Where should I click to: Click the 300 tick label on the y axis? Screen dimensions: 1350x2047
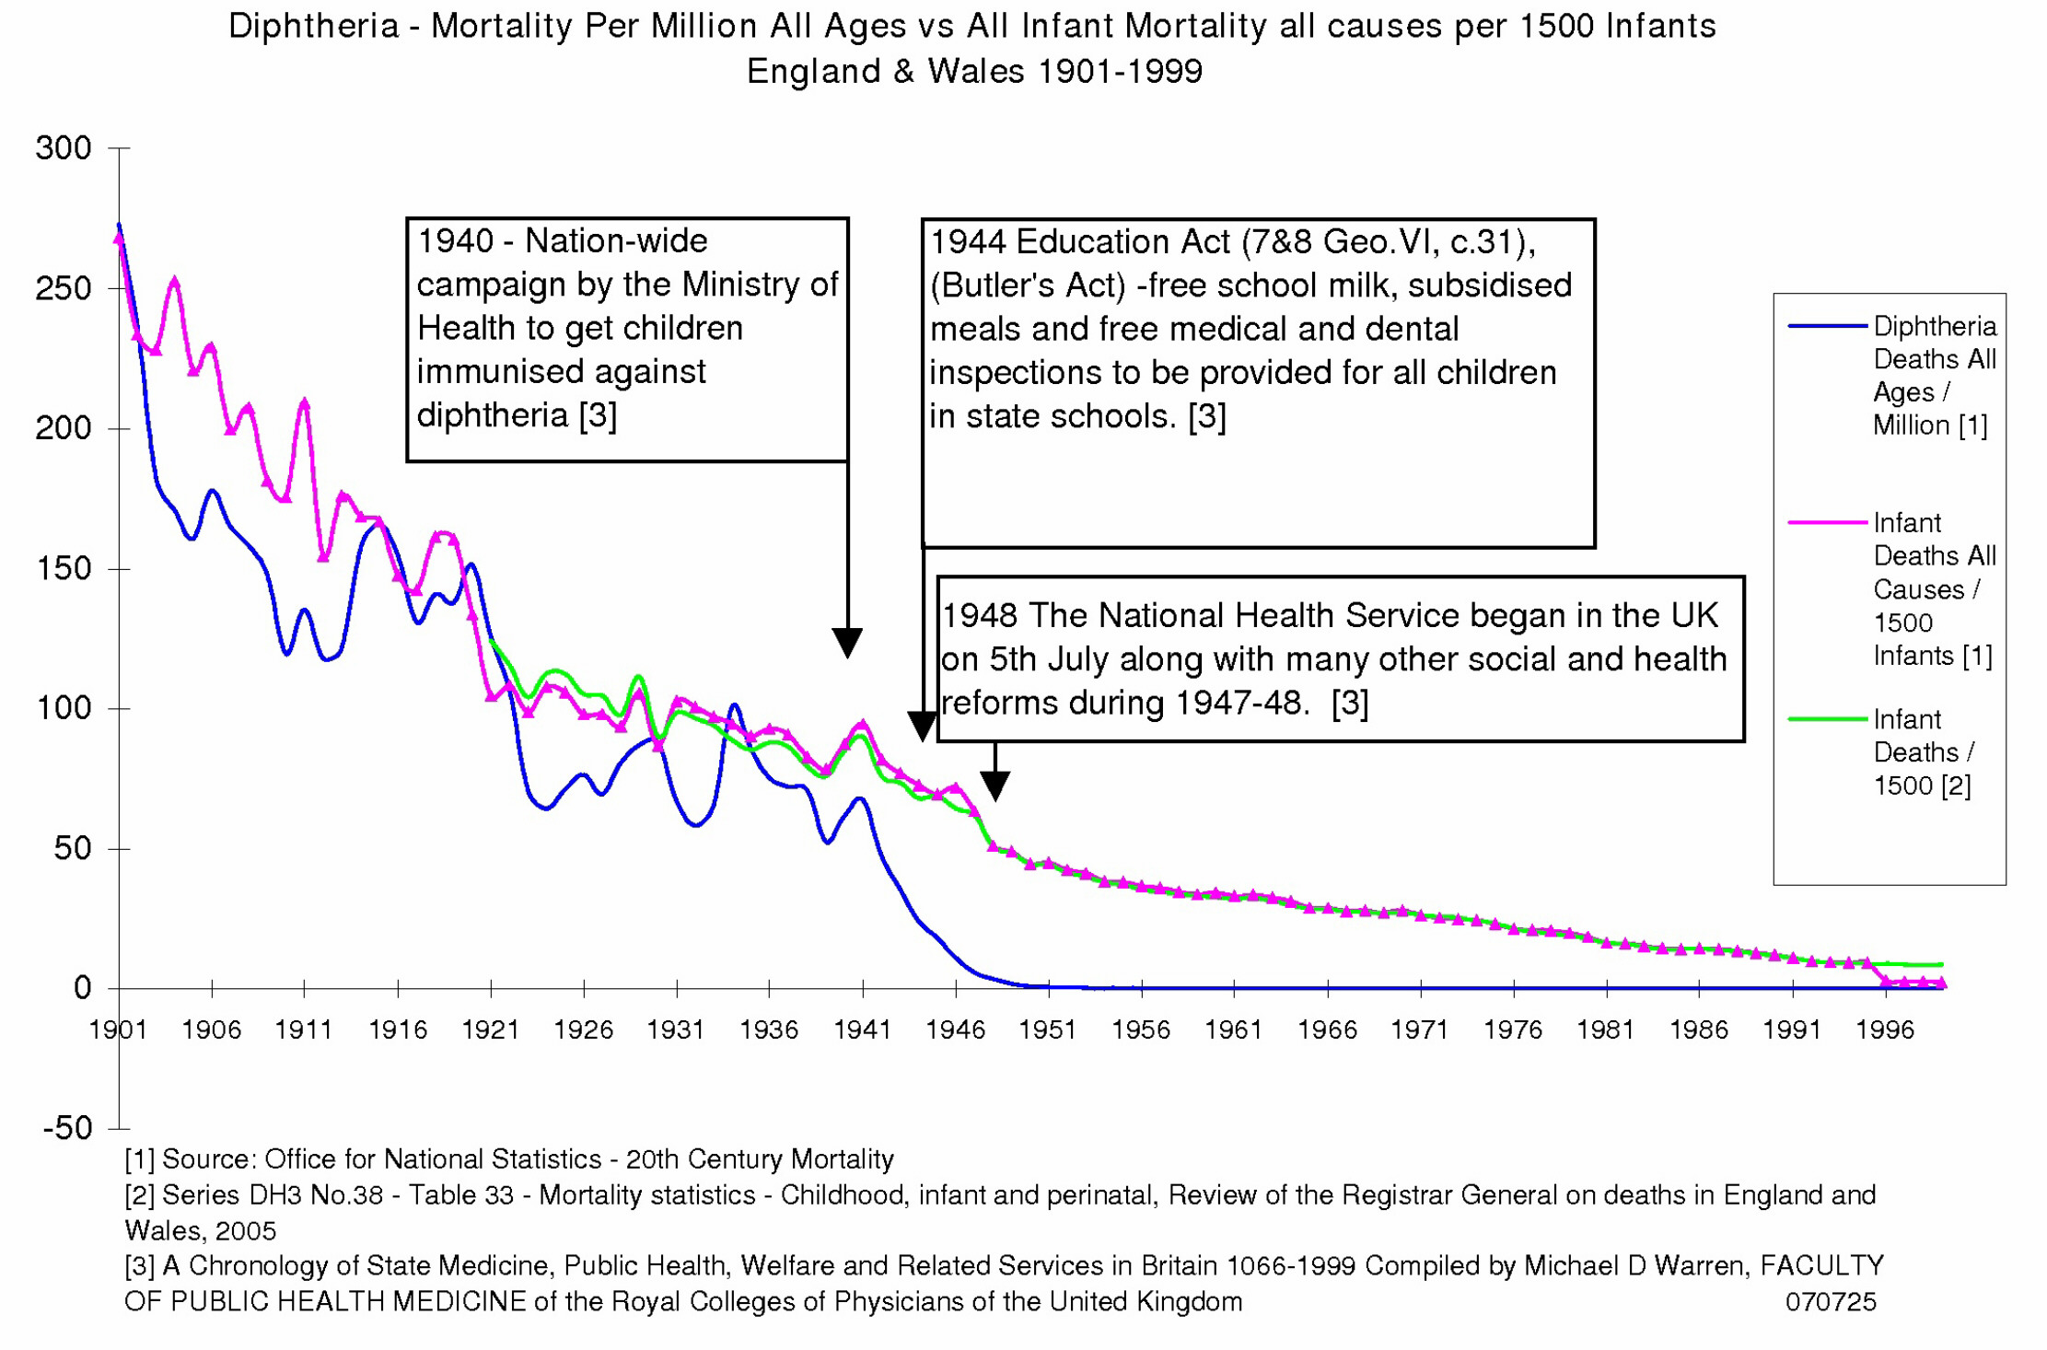(x=63, y=147)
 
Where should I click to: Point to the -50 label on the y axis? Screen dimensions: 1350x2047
(x=67, y=1127)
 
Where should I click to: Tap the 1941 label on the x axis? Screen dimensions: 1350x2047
(x=862, y=1029)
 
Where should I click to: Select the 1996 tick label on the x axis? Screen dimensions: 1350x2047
(x=1885, y=1029)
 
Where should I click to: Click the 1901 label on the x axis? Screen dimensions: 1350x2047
(x=118, y=1029)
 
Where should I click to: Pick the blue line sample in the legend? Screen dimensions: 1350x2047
(x=1827, y=326)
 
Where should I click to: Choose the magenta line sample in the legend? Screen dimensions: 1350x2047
(x=1827, y=522)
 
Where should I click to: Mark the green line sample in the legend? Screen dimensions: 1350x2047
(x=1827, y=718)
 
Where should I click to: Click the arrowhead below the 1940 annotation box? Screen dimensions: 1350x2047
(x=847, y=643)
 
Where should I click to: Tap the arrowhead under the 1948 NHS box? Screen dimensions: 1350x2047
(x=994, y=786)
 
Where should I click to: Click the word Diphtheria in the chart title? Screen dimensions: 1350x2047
(x=313, y=26)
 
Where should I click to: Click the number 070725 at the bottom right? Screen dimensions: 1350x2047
(x=1830, y=1301)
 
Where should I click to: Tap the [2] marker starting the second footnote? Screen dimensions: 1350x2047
(x=139, y=1194)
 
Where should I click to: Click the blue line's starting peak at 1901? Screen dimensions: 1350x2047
(x=119, y=225)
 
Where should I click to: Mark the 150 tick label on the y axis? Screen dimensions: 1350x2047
(x=63, y=568)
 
